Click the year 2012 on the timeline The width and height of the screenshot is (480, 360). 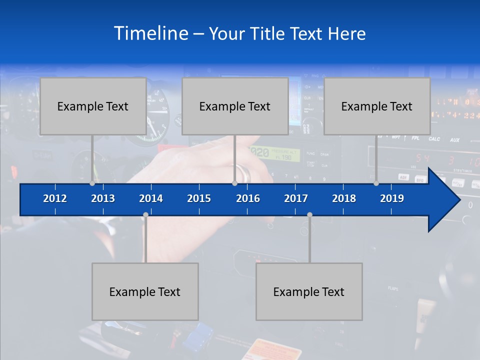coord(55,198)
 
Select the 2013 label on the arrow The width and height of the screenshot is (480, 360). coord(103,198)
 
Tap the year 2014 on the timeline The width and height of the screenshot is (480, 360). coord(151,198)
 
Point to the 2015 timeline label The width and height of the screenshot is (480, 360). coord(199,198)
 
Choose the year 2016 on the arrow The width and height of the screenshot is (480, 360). coord(248,198)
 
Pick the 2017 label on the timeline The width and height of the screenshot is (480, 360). coord(296,198)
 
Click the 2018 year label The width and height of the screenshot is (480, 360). coord(344,198)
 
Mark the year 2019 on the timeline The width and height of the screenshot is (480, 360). coord(392,198)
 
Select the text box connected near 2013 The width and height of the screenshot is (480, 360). coord(93,106)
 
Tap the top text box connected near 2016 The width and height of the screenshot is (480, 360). coord(235,106)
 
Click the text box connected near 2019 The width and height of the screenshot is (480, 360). coord(377,106)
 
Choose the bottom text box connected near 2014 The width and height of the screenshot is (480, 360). coord(145,291)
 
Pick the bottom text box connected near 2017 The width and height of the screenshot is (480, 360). coord(309,291)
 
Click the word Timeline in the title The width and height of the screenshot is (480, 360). coord(150,33)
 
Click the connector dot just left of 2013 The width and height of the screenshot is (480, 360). coord(92,183)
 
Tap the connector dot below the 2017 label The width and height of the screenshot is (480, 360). coord(309,215)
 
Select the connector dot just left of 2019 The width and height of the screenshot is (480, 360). coord(376,183)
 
